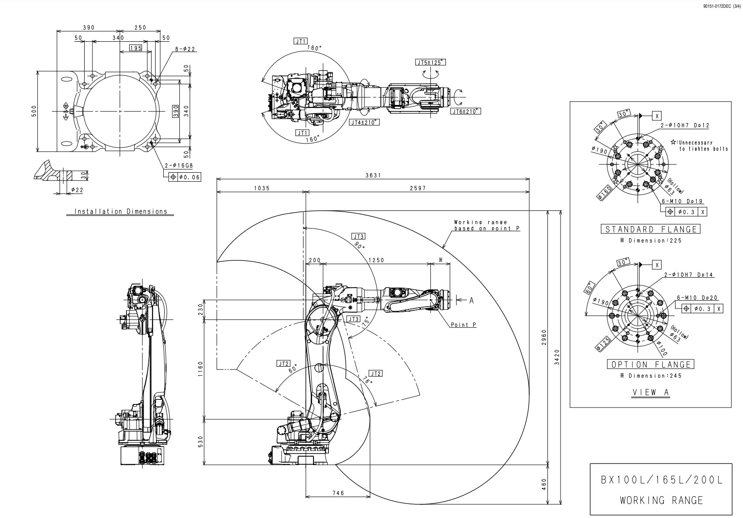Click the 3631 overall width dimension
point(373,175)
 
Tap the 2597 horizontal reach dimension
point(417,188)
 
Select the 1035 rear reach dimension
point(262,188)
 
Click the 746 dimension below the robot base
point(338,493)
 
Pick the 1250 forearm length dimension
point(376,260)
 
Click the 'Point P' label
point(463,324)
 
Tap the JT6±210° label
point(466,111)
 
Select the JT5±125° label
point(430,62)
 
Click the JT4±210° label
point(364,122)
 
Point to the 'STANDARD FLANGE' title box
point(651,229)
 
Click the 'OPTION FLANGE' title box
point(651,364)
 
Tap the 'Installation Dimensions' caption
point(121,212)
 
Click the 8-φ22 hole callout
point(185,49)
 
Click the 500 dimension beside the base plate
point(34,111)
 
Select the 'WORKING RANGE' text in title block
point(661,500)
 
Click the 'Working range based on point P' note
point(486,225)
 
